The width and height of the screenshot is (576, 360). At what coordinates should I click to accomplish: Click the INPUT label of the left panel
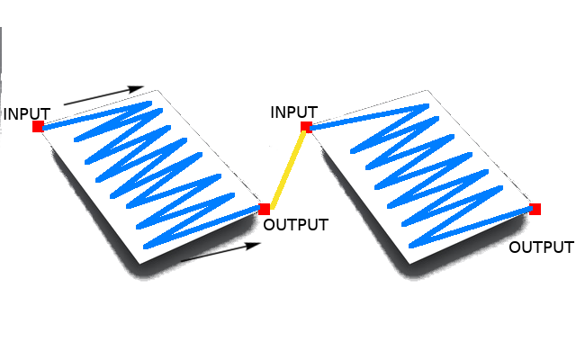tap(27, 113)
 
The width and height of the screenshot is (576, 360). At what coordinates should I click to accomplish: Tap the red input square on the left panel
tap(38, 127)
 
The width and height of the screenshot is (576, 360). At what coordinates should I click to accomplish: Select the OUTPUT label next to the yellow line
tap(295, 225)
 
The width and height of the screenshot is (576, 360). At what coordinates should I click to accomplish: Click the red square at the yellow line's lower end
tap(264, 209)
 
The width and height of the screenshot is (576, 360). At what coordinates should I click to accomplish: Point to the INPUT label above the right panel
tap(294, 112)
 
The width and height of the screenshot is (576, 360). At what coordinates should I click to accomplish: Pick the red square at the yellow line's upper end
tap(306, 127)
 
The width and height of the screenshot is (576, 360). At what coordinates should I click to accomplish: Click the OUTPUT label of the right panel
tap(540, 247)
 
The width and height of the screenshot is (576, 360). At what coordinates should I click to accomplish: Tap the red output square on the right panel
tap(535, 209)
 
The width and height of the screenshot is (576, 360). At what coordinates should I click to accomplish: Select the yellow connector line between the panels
tap(285, 167)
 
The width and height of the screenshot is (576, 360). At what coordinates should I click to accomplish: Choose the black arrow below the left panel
tap(217, 252)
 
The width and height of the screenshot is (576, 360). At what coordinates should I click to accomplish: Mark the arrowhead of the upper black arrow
tap(137, 88)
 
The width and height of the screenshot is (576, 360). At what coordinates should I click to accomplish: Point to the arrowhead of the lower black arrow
tap(249, 244)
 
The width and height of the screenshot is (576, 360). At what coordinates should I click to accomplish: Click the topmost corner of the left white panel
tap(159, 89)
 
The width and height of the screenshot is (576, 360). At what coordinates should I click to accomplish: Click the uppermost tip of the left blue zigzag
tap(148, 103)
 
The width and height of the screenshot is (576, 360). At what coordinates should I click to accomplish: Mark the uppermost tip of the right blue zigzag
tap(424, 105)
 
